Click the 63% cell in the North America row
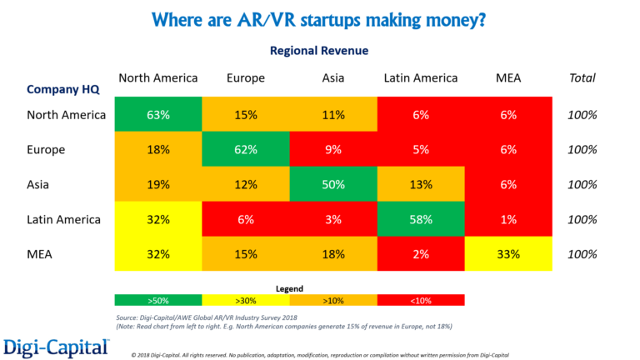coord(158,115)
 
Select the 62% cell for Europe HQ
coord(246,150)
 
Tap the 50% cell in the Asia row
coord(333,185)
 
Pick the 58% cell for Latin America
coord(421,220)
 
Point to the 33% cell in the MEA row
coord(508,255)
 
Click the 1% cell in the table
coord(508,220)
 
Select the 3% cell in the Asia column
coord(333,220)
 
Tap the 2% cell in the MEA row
coord(421,255)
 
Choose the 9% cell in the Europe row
coord(333,150)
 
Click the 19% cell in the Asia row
coord(158,185)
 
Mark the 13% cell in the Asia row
coord(421,185)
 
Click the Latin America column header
coord(421,78)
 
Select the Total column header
coord(582,78)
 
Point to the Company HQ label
coord(65,89)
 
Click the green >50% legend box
coord(158,300)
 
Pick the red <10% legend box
coord(421,300)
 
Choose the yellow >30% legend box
coord(246,300)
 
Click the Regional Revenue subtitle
coord(319,51)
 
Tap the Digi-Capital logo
coord(56,344)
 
